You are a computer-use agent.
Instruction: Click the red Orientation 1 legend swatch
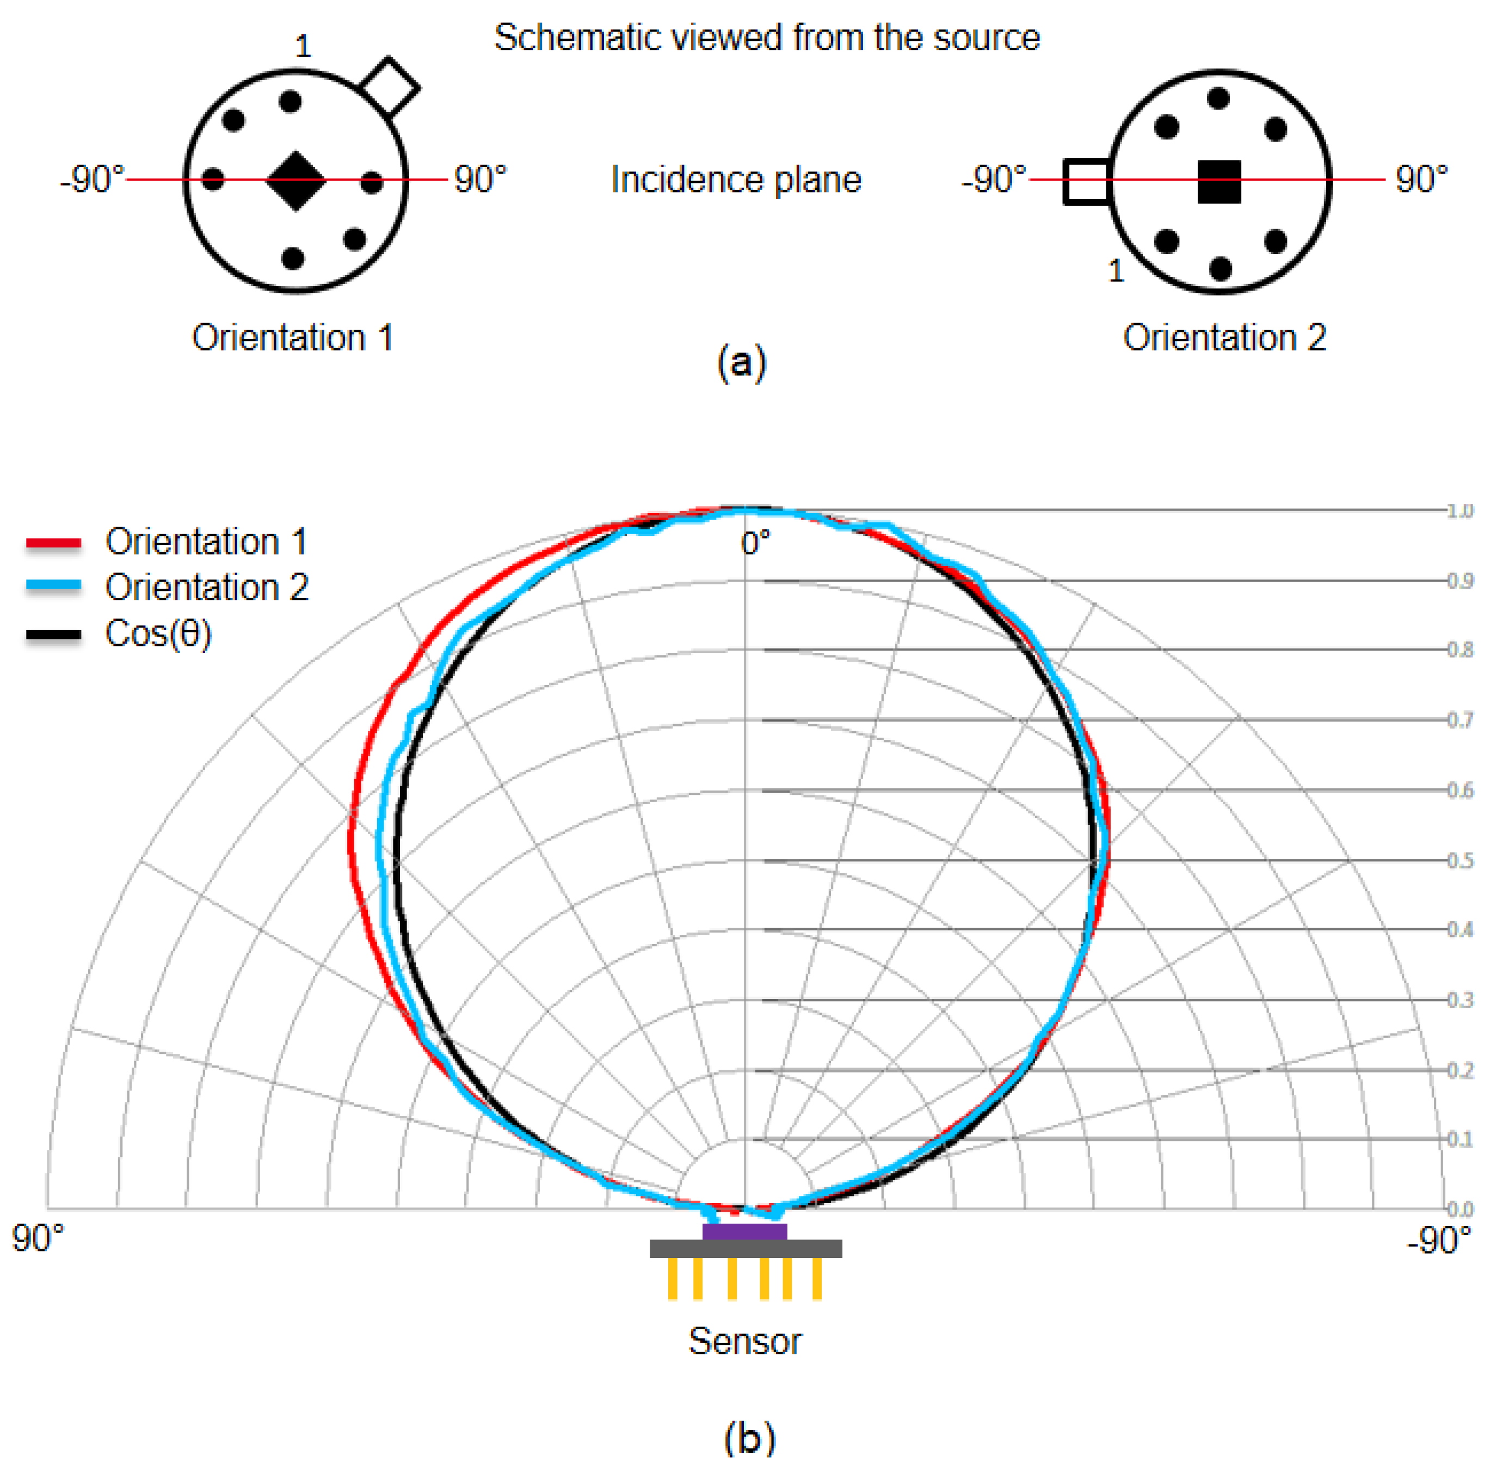(x=53, y=544)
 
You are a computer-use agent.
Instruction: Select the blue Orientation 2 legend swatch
(x=53, y=586)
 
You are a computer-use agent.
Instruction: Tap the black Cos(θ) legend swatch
(x=53, y=634)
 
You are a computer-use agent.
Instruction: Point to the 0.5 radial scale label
(x=1459, y=860)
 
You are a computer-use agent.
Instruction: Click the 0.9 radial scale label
(x=1459, y=581)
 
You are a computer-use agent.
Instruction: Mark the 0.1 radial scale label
(x=1459, y=1139)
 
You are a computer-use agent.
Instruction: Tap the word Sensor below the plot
(x=744, y=1342)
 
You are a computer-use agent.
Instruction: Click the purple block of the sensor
(x=744, y=1231)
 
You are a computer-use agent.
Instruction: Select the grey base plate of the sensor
(x=745, y=1248)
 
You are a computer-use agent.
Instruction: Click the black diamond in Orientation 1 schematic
(x=295, y=181)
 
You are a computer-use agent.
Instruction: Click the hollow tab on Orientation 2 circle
(x=1086, y=182)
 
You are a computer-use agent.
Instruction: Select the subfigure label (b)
(x=749, y=1439)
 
